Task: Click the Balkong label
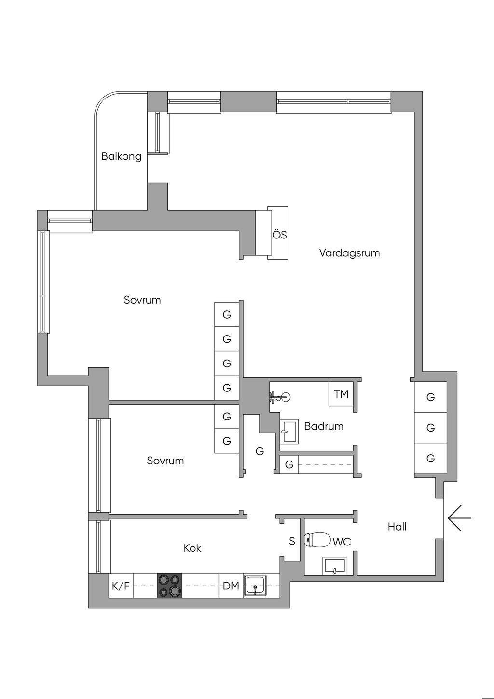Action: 121,156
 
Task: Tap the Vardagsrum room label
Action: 349,253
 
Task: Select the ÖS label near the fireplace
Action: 279,235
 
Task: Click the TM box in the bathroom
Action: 341,394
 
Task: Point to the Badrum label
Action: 324,426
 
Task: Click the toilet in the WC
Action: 317,540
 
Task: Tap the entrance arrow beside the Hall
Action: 459,518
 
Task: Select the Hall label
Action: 397,527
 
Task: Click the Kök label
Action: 192,548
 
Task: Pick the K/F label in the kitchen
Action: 121,586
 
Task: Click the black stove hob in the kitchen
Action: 170,586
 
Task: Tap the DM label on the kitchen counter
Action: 231,586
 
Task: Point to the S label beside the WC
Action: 292,541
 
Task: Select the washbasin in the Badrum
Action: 289,431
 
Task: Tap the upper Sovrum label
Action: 142,300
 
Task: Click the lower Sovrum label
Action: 165,461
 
